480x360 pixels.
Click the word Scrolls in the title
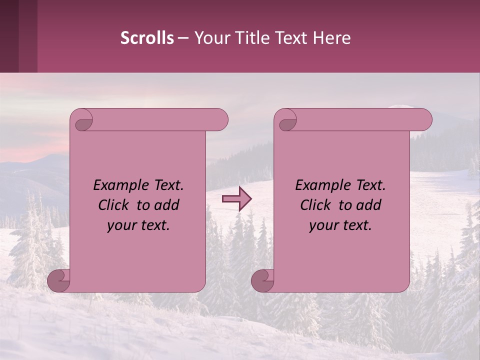click(147, 38)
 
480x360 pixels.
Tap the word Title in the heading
click(251, 38)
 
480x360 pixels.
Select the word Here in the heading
click(332, 38)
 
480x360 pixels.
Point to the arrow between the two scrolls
click(236, 199)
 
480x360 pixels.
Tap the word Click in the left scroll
click(114, 205)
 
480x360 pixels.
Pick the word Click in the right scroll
click(316, 205)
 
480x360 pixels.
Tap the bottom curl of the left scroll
click(59, 280)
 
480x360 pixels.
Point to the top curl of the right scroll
click(286, 120)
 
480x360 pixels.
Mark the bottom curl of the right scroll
click(263, 280)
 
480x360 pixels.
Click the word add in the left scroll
click(166, 205)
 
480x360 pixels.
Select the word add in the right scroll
click(368, 205)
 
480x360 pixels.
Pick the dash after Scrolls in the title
click(183, 38)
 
